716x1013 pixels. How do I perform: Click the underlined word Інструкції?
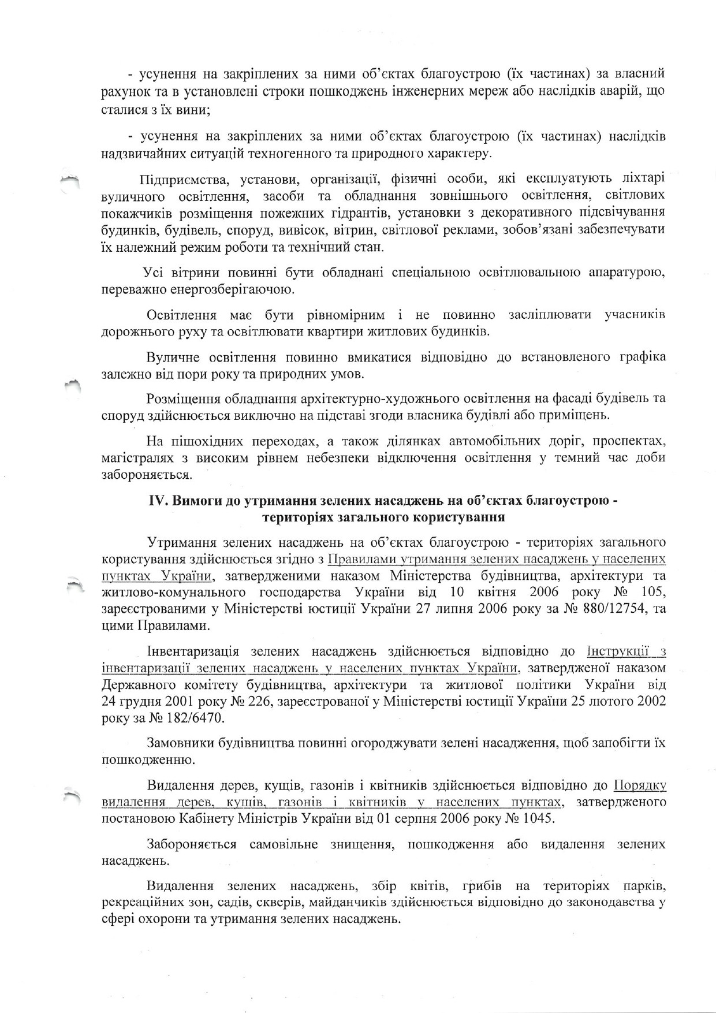coord(622,651)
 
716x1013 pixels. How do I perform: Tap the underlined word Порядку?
coord(640,785)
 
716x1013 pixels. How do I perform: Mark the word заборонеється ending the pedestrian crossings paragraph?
coord(146,475)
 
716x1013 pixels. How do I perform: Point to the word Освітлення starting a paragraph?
coord(182,315)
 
